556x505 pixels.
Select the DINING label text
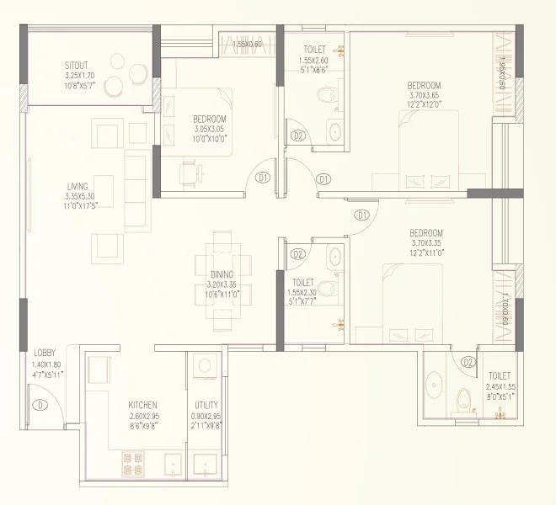click(222, 274)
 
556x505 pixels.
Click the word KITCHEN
click(143, 405)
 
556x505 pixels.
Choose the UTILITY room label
click(206, 405)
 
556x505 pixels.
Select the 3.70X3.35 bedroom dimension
click(427, 242)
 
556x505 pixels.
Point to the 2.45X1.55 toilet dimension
click(500, 386)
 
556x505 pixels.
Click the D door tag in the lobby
click(39, 405)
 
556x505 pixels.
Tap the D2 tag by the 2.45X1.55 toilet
click(468, 362)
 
